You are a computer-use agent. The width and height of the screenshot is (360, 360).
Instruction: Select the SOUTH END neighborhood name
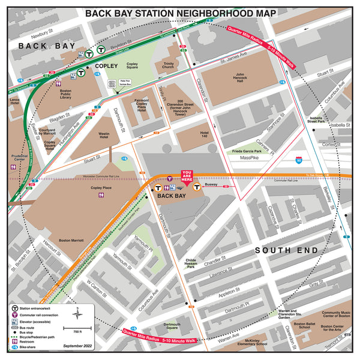click(x=282, y=250)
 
